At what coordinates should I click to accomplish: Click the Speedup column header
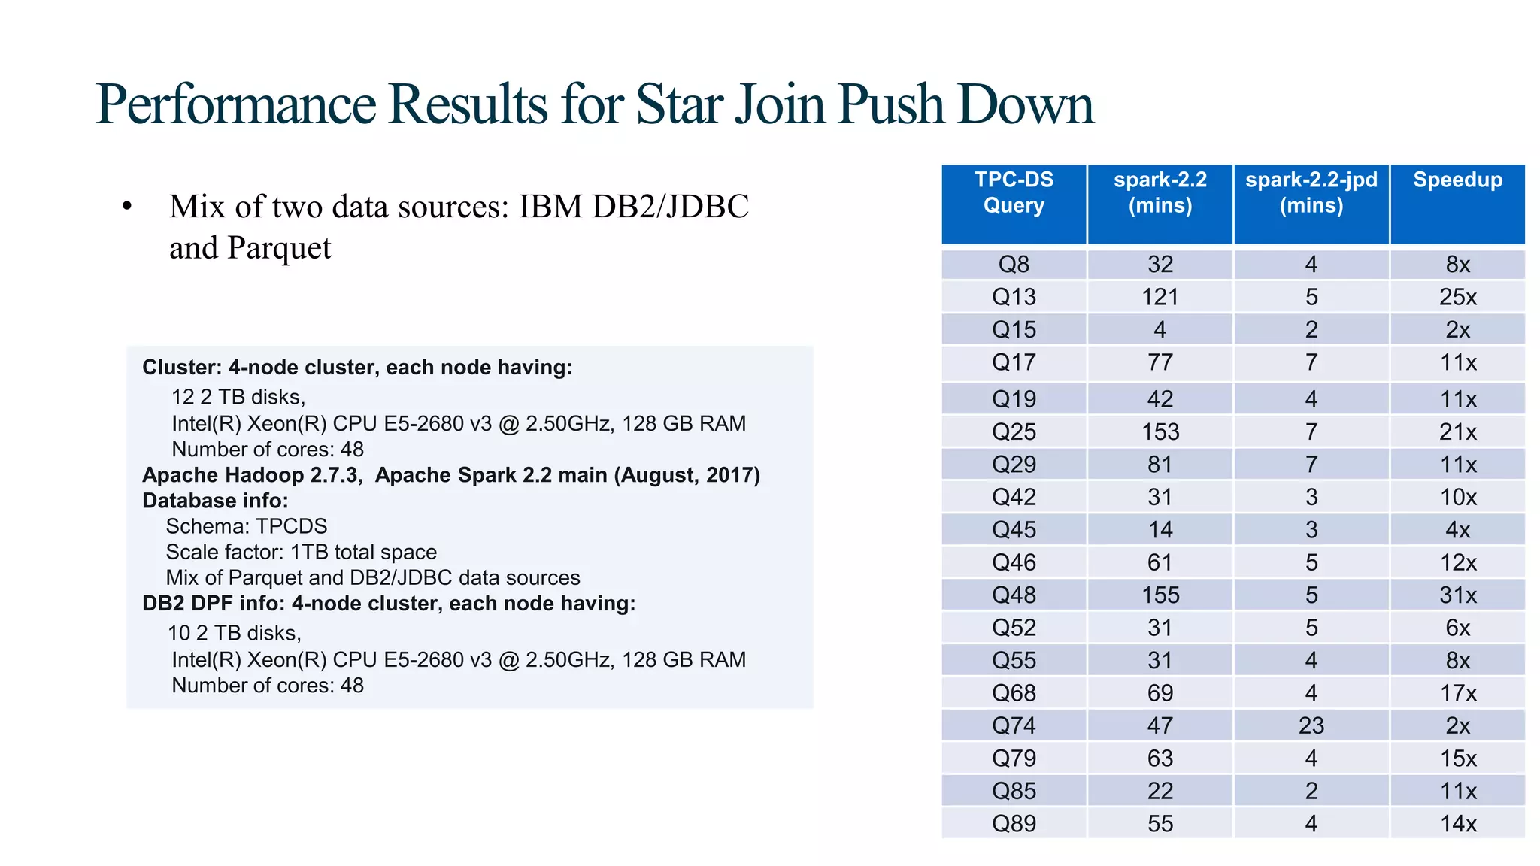point(1457,180)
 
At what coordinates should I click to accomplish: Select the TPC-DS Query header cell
point(1014,192)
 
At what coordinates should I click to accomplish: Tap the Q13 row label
point(1014,297)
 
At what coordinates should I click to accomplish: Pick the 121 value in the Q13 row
point(1160,297)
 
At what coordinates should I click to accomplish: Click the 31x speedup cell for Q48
point(1457,595)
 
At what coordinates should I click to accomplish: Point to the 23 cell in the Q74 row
point(1311,725)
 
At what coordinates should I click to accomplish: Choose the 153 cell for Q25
point(1160,432)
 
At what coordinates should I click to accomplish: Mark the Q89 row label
point(1014,824)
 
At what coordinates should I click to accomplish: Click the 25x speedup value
point(1457,297)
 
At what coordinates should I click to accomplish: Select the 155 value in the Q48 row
point(1160,595)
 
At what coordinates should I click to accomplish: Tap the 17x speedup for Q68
point(1457,693)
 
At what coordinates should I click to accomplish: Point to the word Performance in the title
point(236,104)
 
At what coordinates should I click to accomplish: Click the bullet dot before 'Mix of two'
point(127,207)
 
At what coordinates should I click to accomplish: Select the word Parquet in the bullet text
point(279,249)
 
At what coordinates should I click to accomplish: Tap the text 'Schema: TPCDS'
point(247,526)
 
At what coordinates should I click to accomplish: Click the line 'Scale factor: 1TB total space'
point(301,552)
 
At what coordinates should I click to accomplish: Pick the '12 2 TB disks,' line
point(238,397)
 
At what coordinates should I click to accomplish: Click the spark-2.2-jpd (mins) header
point(1311,192)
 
